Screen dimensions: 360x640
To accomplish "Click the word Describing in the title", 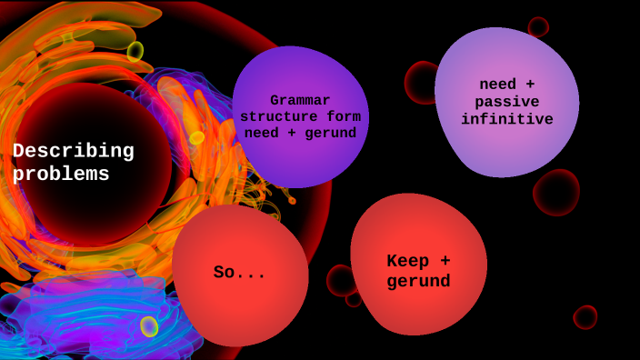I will pyautogui.click(x=73, y=151).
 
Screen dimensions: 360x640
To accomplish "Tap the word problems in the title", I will pyautogui.click(x=61, y=175).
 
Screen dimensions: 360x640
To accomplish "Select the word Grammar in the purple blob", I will pyautogui.click(x=300, y=101).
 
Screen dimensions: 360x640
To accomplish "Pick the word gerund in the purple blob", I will pyautogui.click(x=330, y=134).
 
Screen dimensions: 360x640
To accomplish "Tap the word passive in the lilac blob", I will pyautogui.click(x=506, y=102).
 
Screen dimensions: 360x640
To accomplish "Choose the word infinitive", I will pyautogui.click(x=506, y=119).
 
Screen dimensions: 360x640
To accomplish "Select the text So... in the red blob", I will pyautogui.click(x=240, y=273).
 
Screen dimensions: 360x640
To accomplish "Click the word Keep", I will pyautogui.click(x=408, y=262).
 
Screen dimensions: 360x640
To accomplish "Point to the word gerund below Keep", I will pyautogui.click(x=418, y=282).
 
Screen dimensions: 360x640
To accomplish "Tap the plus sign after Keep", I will pyautogui.click(x=445, y=262).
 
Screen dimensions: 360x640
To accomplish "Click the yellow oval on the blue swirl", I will pyautogui.click(x=149, y=326).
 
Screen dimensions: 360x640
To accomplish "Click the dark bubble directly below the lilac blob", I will pyautogui.click(x=556, y=193).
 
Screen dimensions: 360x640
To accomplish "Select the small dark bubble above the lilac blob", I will pyautogui.click(x=538, y=26).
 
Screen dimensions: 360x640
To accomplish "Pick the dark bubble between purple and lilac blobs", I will pyautogui.click(x=420, y=83).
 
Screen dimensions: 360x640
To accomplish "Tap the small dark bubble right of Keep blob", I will pyautogui.click(x=585, y=317).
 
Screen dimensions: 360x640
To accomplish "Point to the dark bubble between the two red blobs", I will pyautogui.click(x=342, y=281).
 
